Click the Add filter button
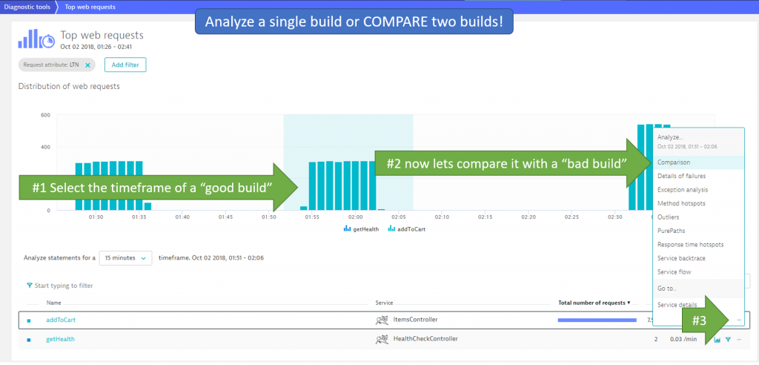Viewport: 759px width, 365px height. point(125,65)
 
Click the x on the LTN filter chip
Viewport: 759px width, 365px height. point(87,65)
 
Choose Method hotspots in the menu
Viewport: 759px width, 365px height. point(680,203)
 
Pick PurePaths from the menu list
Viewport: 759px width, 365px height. point(671,231)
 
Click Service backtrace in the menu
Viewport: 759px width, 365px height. point(682,258)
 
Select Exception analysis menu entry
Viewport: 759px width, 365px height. point(682,190)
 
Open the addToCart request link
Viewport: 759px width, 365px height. point(61,320)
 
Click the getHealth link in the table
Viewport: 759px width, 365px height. point(60,339)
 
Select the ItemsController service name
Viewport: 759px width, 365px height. point(414,320)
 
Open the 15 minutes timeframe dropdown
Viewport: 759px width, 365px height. point(125,257)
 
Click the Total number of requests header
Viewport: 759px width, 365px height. point(593,303)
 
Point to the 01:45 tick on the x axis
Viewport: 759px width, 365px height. point(226,217)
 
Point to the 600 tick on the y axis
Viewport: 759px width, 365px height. point(44,115)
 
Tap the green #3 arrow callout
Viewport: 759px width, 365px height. point(700,319)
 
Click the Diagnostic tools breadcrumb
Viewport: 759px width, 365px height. point(27,7)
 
